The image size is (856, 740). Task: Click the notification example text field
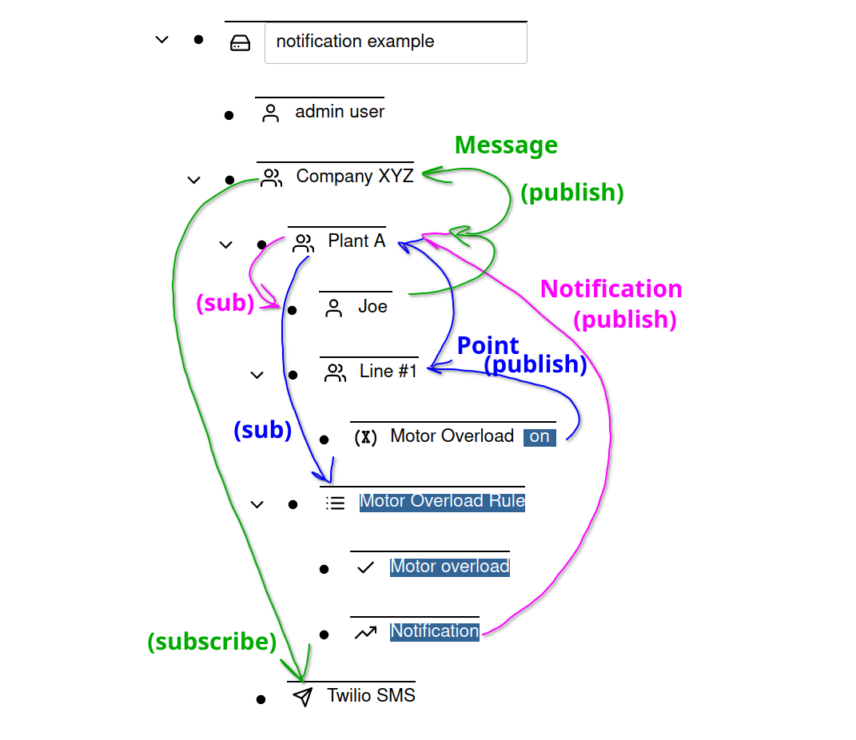pyautogui.click(x=396, y=42)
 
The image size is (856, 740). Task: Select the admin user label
pyautogui.click(x=340, y=112)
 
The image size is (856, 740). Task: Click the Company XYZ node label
pyautogui.click(x=355, y=177)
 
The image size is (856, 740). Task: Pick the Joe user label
pyautogui.click(x=372, y=307)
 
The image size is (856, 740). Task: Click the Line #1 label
pyautogui.click(x=388, y=372)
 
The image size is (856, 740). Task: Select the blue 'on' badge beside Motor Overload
pyautogui.click(x=539, y=437)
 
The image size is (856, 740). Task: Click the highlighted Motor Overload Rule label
pyautogui.click(x=442, y=502)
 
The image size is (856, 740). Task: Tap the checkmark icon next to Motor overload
pyautogui.click(x=365, y=567)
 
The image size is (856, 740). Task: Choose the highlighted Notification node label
pyautogui.click(x=435, y=631)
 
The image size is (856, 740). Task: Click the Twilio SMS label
pyautogui.click(x=371, y=696)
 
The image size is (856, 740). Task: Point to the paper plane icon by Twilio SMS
pyautogui.click(x=302, y=697)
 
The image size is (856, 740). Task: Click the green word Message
pyautogui.click(x=506, y=145)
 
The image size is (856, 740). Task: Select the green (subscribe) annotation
pyautogui.click(x=212, y=642)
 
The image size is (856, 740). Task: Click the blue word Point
pyautogui.click(x=488, y=346)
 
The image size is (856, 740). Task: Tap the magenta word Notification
pyautogui.click(x=611, y=289)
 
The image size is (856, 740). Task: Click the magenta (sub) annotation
pyautogui.click(x=225, y=304)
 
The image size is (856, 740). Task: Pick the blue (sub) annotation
pyautogui.click(x=262, y=431)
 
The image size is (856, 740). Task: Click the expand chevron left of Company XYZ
pyautogui.click(x=193, y=180)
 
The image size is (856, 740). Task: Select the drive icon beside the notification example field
pyautogui.click(x=240, y=43)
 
